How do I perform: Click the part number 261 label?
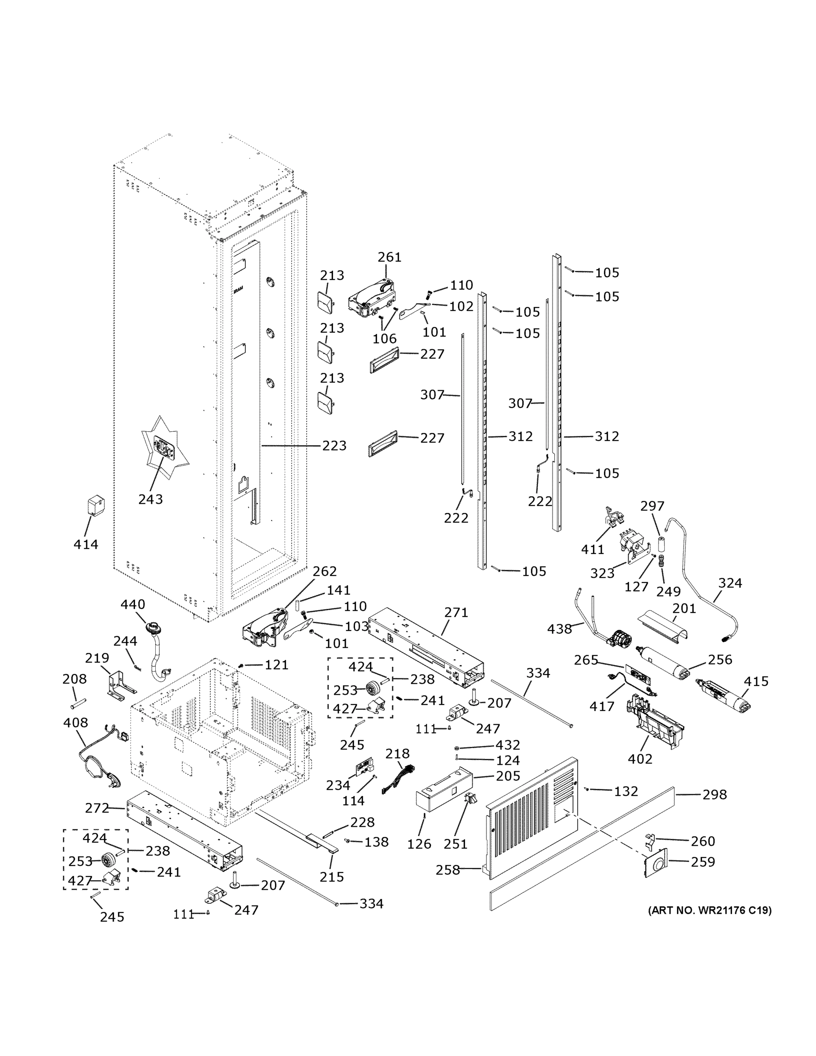[x=390, y=257]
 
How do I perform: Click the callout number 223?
[x=334, y=445]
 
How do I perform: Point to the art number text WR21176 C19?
[x=710, y=910]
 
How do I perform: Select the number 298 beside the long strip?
[x=714, y=794]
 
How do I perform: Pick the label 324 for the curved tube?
[x=730, y=583]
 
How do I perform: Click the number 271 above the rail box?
[x=456, y=612]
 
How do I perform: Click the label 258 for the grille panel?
[x=448, y=870]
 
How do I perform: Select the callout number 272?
[x=98, y=808]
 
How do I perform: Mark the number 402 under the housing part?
[x=640, y=759]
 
